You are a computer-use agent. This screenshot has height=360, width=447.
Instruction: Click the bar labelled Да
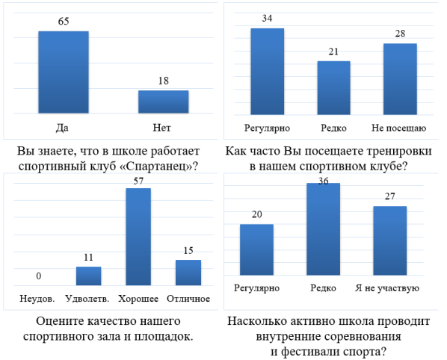64,72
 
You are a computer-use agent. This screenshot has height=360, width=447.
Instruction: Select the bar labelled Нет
163,102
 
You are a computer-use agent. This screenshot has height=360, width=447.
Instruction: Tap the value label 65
64,22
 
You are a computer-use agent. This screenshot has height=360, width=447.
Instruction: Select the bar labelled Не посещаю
399,78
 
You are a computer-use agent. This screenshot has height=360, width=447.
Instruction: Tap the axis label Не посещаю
399,127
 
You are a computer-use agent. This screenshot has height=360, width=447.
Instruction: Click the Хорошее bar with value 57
138,236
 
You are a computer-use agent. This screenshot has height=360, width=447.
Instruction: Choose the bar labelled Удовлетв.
88,276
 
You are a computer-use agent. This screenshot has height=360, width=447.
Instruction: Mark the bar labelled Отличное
188,272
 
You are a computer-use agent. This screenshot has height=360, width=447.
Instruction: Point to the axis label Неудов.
38,299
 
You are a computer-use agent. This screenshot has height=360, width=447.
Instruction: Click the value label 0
38,276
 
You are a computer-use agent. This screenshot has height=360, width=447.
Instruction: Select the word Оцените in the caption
61,321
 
